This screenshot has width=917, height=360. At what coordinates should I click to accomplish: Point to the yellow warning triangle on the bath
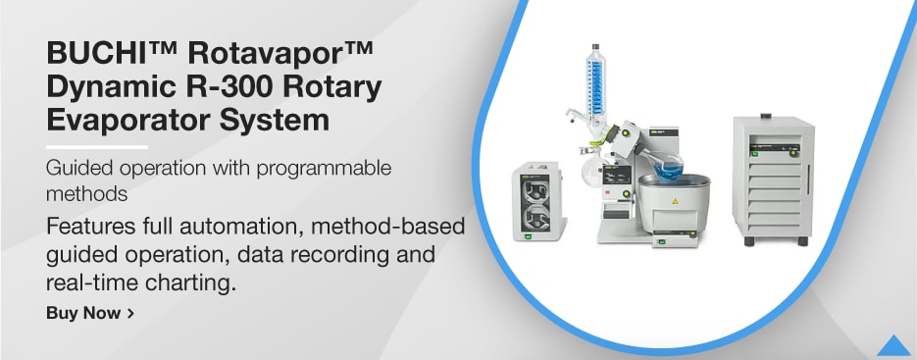[x=673, y=201]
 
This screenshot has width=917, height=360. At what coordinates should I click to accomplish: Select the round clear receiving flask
[x=590, y=174]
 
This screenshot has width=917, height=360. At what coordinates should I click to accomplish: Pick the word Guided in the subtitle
[x=77, y=168]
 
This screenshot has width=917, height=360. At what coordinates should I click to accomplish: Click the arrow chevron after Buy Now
[x=130, y=314]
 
